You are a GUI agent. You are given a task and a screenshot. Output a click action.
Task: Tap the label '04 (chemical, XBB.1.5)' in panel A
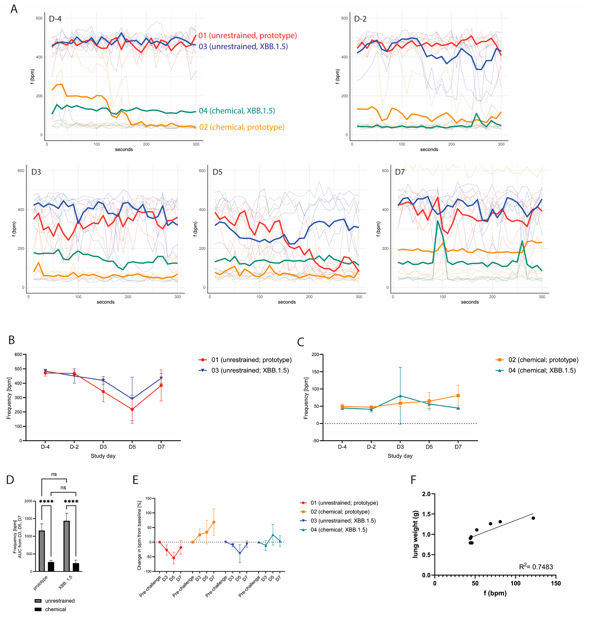(237, 111)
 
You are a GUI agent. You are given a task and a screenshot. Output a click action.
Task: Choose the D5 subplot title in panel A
(217, 172)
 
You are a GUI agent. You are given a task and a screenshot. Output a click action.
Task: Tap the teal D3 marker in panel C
(400, 396)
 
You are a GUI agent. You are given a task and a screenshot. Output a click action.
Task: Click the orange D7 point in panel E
(214, 522)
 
